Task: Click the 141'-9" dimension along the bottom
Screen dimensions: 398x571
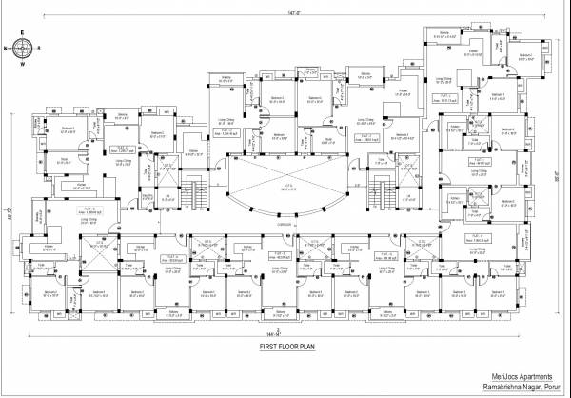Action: click(x=276, y=333)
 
